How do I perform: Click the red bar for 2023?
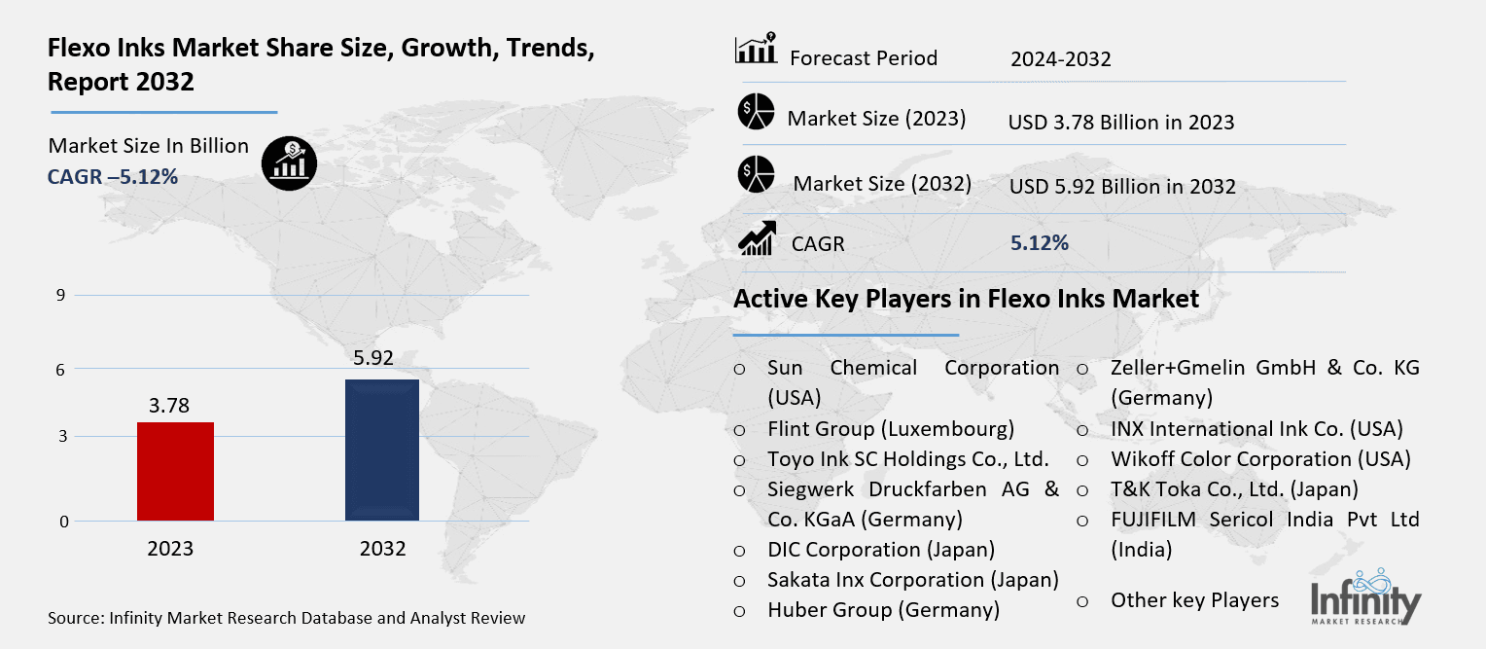pyautogui.click(x=175, y=472)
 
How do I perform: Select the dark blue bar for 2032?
pyautogui.click(x=382, y=451)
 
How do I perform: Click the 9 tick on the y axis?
pyautogui.click(x=60, y=296)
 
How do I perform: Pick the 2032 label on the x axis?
pyautogui.click(x=382, y=549)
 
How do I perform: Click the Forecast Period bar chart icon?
pyautogui.click(x=756, y=51)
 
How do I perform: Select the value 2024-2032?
pyautogui.click(x=1060, y=59)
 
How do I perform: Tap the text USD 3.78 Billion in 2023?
pyautogui.click(x=1121, y=123)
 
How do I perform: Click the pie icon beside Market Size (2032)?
pyautogui.click(x=756, y=173)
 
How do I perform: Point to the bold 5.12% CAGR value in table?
pyautogui.click(x=1039, y=243)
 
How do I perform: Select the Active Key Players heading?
pyautogui.click(x=966, y=299)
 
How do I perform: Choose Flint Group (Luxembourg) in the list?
pyautogui.click(x=890, y=429)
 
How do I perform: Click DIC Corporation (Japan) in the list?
pyautogui.click(x=880, y=550)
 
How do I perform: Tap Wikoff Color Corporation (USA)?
pyautogui.click(x=1260, y=459)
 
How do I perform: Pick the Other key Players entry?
pyautogui.click(x=1194, y=600)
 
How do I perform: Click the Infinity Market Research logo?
pyautogui.click(x=1365, y=595)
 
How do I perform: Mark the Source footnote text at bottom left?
pyautogui.click(x=286, y=618)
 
